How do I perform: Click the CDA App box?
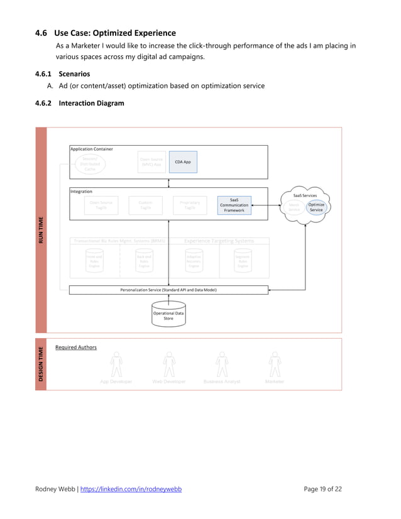click(x=183, y=162)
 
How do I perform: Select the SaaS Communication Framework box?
click(x=234, y=205)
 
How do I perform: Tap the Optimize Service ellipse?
click(x=316, y=207)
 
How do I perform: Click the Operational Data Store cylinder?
click(x=168, y=315)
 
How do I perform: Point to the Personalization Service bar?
click(x=168, y=290)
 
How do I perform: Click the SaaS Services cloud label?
click(x=305, y=195)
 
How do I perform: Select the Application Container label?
click(x=92, y=149)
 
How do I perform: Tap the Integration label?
click(x=82, y=191)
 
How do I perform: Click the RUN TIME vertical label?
click(x=41, y=230)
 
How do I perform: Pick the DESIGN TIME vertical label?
click(x=41, y=364)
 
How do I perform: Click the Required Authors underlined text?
click(x=76, y=347)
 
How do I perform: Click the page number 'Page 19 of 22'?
click(x=322, y=489)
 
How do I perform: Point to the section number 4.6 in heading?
click(x=41, y=33)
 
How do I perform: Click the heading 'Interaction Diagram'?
click(x=91, y=103)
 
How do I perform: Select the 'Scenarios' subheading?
click(x=74, y=74)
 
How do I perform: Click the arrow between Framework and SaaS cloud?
click(x=266, y=205)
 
